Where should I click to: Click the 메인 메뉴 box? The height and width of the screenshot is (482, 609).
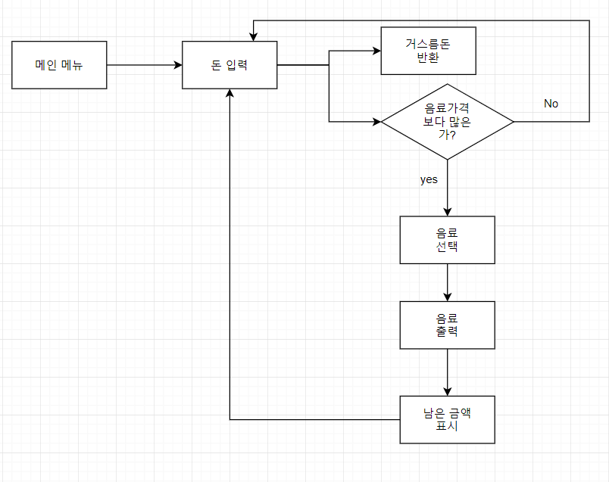pos(60,65)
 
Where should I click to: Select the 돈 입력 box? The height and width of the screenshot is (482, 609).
pos(230,65)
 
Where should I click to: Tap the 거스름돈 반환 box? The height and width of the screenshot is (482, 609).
pos(428,51)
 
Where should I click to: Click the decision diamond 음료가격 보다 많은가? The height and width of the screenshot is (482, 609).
pos(447,122)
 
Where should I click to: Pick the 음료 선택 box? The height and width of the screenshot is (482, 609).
pos(447,240)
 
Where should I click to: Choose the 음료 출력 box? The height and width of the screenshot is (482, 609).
pos(447,325)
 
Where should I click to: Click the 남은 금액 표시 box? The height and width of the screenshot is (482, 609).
pos(447,419)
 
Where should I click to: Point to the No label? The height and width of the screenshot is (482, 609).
pos(551,104)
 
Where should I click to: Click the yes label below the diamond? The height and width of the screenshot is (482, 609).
pos(429,180)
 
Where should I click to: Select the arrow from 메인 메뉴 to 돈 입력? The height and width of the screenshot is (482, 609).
pos(144,65)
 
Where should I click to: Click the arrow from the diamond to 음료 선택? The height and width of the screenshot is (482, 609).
pos(447,189)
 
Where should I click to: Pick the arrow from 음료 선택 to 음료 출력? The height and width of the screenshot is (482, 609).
pos(447,282)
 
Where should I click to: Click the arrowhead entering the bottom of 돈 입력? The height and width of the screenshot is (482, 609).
pos(230,94)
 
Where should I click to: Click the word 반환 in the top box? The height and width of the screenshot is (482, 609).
pos(428,58)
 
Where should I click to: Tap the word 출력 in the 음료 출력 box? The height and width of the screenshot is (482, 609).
pos(447,331)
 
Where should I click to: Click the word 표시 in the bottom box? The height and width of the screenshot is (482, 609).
pos(447,426)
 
